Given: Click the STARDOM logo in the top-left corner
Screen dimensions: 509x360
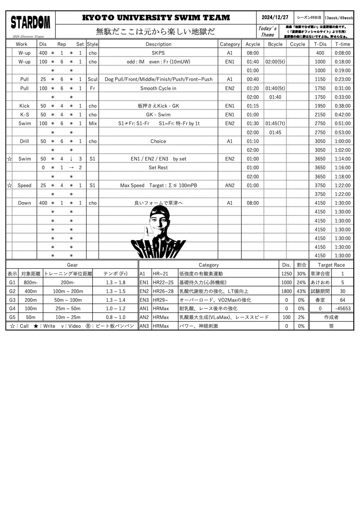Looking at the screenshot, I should (x=30, y=22).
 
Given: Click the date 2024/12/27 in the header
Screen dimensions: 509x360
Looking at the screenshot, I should (x=275, y=17).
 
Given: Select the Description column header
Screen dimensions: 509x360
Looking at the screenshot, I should (x=158, y=44).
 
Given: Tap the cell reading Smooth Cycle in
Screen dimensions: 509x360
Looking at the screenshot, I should (x=158, y=88).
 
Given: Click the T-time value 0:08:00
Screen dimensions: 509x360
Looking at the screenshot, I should (x=343, y=53).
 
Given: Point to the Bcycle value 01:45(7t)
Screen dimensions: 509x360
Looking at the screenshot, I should (x=275, y=123).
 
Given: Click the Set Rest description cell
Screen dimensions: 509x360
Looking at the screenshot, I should (x=158, y=168).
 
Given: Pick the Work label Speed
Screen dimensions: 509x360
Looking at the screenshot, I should (x=24, y=185).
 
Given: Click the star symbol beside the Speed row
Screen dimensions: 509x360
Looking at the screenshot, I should (x=9, y=185).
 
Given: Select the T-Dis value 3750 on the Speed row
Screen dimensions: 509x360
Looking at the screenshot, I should (x=320, y=185).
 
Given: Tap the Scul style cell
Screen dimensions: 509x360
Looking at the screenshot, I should (x=92, y=79).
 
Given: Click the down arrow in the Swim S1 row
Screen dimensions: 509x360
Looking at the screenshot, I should (x=71, y=159).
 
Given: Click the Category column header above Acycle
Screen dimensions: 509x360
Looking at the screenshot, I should (x=230, y=44).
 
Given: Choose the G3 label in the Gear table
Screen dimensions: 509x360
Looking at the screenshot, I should (x=12, y=300).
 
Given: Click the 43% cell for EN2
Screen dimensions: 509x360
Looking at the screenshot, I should (x=301, y=291).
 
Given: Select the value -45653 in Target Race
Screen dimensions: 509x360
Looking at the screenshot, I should (x=343, y=309).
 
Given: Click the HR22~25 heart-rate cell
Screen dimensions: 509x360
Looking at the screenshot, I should (x=163, y=283).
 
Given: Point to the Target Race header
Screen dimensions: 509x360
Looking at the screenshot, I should (x=331, y=265).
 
